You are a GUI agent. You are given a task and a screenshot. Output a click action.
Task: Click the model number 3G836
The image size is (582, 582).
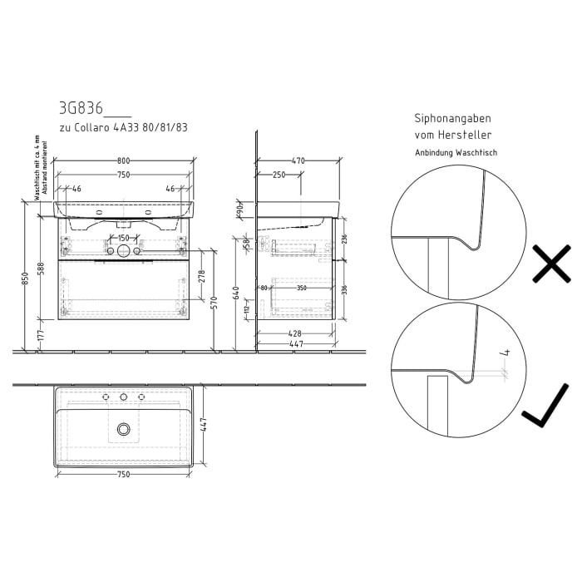(x=81, y=107)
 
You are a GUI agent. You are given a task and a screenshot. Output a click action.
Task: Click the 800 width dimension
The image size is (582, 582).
(x=123, y=160)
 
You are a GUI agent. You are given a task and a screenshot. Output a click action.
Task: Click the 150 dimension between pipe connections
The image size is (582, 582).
(x=123, y=239)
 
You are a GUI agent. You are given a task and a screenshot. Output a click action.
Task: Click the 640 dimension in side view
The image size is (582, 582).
(x=237, y=292)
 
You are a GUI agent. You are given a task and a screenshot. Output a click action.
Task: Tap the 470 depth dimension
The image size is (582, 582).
(x=298, y=160)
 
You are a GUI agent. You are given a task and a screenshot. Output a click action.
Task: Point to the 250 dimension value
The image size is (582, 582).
(x=279, y=175)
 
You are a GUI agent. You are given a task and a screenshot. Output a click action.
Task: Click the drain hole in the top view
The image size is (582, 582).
(x=124, y=429)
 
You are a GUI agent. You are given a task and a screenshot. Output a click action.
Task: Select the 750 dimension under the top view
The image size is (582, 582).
(x=123, y=474)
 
